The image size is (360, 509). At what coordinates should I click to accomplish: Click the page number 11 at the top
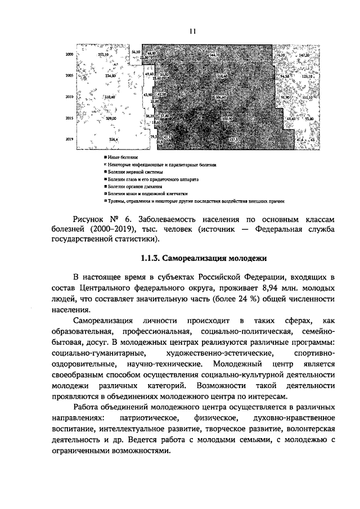pos(192,33)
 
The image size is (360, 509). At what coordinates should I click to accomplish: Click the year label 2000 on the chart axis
pos(70,55)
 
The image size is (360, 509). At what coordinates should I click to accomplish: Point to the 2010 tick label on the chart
pos(70,97)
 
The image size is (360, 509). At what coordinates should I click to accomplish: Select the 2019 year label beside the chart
pos(70,139)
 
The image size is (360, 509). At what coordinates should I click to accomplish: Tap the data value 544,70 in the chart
pos(214,55)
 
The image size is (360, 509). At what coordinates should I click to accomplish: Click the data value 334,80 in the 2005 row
pos(110,75)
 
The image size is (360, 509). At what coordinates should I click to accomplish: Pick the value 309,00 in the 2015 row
pos(110,119)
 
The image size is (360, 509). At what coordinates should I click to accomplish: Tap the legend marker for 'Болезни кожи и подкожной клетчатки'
pos(105,193)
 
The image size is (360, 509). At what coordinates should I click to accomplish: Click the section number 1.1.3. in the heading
pos(150,259)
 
